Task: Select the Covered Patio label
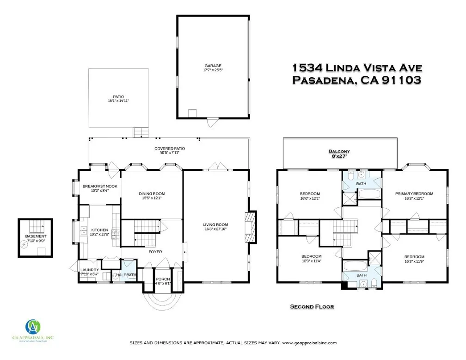tap(170, 149)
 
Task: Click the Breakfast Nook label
tap(99, 186)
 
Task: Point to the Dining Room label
tap(152, 193)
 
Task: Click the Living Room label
tap(216, 225)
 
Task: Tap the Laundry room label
tap(89, 270)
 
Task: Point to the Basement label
tap(36, 236)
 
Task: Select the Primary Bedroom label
tap(414, 193)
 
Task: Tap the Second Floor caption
tap(312, 306)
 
